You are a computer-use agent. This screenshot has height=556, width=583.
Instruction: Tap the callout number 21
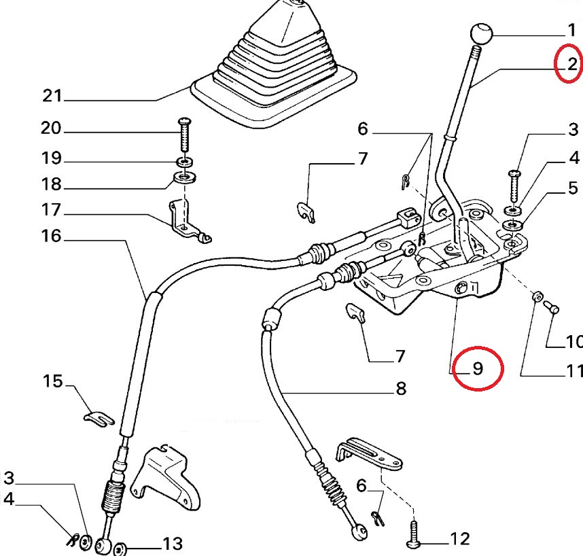click(x=52, y=97)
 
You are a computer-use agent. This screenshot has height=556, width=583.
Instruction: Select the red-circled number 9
click(x=478, y=368)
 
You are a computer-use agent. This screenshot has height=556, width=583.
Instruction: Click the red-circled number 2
click(x=571, y=65)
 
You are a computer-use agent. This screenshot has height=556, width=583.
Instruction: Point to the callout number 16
click(x=51, y=237)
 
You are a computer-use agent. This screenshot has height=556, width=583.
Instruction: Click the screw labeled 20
click(x=183, y=136)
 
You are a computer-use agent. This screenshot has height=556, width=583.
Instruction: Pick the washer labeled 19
click(x=183, y=162)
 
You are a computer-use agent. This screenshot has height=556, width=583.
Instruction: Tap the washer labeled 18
click(x=182, y=178)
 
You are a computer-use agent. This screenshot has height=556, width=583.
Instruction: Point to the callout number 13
click(x=172, y=543)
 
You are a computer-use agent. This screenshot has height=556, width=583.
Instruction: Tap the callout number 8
click(x=400, y=389)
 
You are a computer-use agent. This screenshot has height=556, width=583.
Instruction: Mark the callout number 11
click(x=574, y=371)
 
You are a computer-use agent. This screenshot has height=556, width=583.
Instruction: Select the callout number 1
click(x=571, y=29)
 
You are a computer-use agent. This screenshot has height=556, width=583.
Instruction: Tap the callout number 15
click(x=52, y=381)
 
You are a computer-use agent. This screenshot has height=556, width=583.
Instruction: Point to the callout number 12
click(x=459, y=539)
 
